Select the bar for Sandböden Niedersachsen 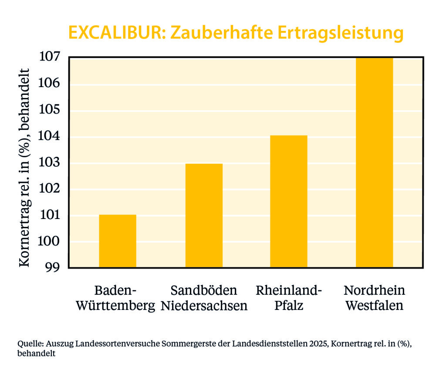(204, 216)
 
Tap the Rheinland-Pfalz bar (289, 201)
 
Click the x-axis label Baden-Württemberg (115, 298)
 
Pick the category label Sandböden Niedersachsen (204, 298)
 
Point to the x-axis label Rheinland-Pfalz (289, 298)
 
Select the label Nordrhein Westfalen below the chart (374, 298)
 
